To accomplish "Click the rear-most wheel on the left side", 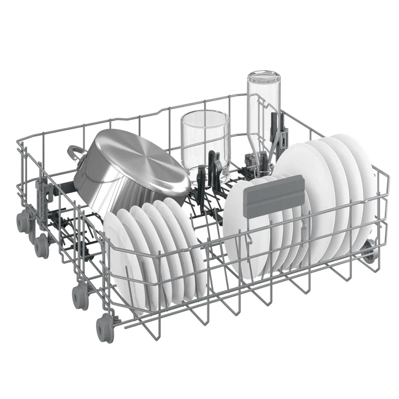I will coord(22,220).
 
